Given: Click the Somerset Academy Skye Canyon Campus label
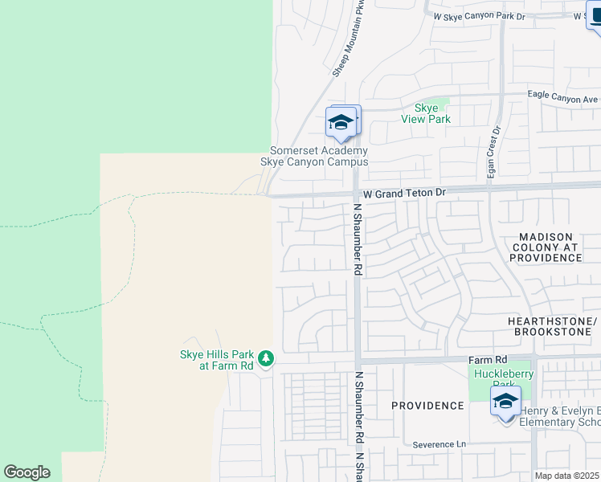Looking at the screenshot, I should point(318,156).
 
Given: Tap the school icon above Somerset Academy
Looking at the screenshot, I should point(341,123).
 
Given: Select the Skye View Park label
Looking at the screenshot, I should point(426,113).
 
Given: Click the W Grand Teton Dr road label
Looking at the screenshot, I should point(403,193).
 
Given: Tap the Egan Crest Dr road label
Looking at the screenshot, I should point(493,153).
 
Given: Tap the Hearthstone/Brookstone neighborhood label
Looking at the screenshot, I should point(552,325).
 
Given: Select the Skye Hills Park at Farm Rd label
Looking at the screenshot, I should point(215,360).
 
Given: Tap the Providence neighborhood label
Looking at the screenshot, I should point(427,406).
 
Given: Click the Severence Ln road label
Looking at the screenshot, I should point(439,444).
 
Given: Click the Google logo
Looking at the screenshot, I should point(27,472).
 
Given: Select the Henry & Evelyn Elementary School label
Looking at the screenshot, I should point(560,416).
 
